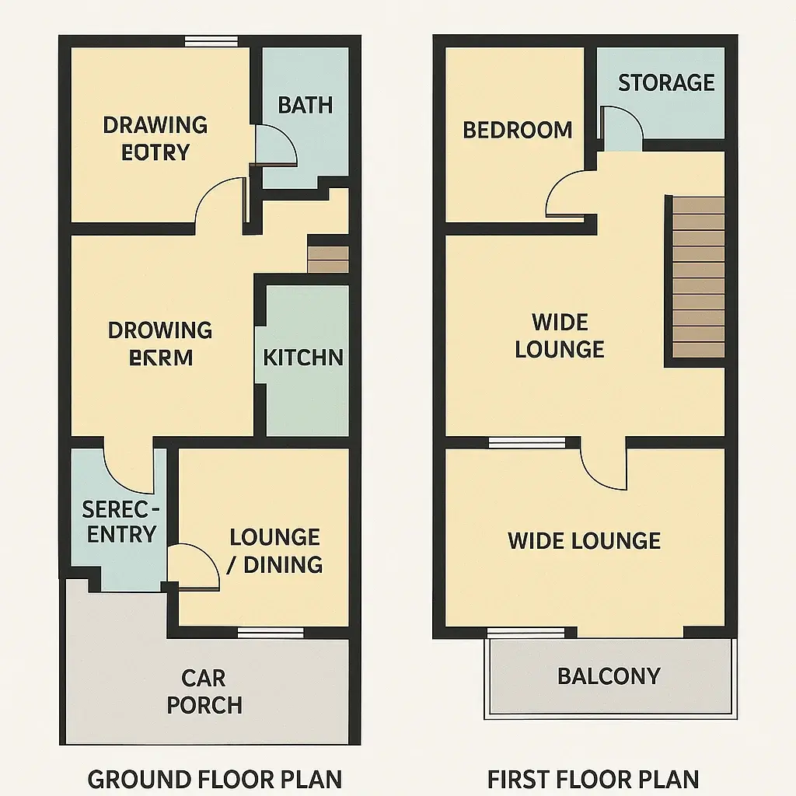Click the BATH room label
[305, 105]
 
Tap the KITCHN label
[303, 358]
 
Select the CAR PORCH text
[204, 691]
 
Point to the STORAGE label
[666, 82]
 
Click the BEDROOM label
[518, 130]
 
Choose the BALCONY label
[609, 676]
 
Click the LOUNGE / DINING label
[275, 550]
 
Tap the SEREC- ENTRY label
[121, 522]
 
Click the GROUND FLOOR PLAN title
[215, 778]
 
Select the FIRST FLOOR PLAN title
[593, 778]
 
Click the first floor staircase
[698, 278]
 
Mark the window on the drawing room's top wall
[211, 42]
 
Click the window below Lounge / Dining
[271, 633]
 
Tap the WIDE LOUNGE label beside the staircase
[560, 335]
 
